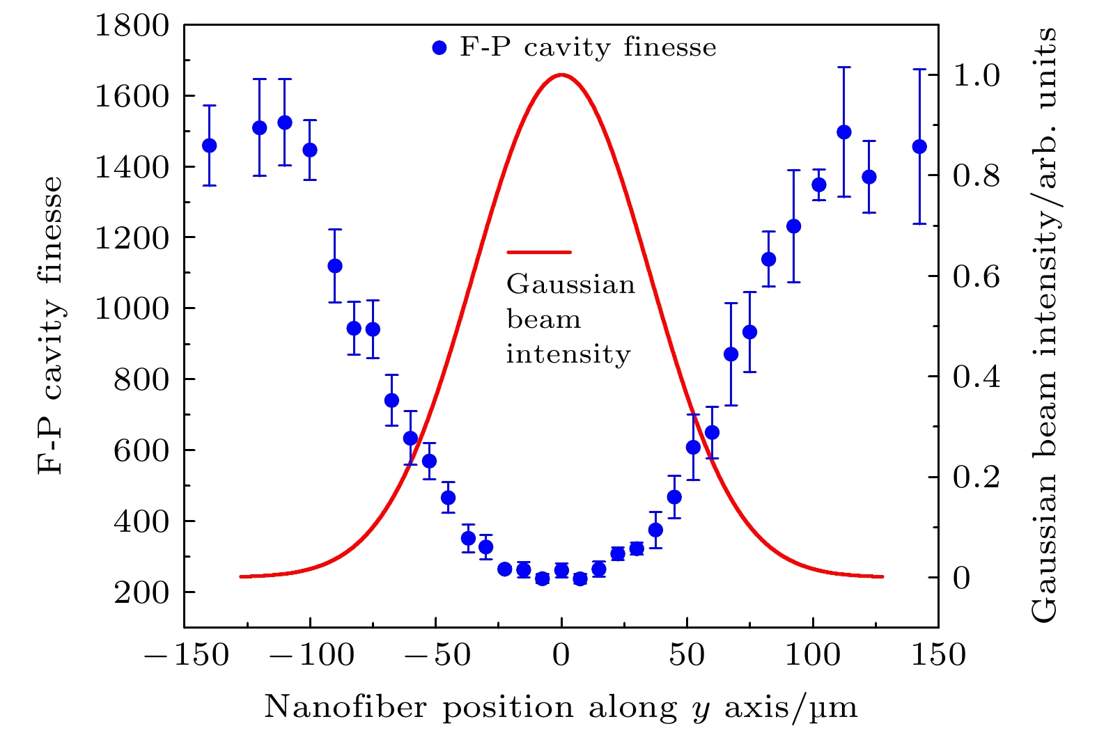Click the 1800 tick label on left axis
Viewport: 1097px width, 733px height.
pyautogui.click(x=132, y=26)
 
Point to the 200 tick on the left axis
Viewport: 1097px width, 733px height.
pyautogui.click(x=141, y=592)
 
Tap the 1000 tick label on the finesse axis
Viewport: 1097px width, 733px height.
pyautogui.click(x=132, y=309)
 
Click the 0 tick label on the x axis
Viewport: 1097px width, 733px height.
pyautogui.click(x=561, y=656)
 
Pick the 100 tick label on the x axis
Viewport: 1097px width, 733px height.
pyautogui.click(x=813, y=656)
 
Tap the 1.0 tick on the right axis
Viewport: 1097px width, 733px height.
pyautogui.click(x=976, y=76)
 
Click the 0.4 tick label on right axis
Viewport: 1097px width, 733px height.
pyautogui.click(x=976, y=377)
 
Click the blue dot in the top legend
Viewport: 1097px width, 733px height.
pyautogui.click(x=439, y=48)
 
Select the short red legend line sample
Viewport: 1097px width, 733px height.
pyautogui.click(x=539, y=252)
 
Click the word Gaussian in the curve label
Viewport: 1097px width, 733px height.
pyautogui.click(x=570, y=285)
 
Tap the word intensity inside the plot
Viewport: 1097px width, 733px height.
pyautogui.click(x=568, y=354)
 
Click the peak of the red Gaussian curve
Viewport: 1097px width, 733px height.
pyautogui.click(x=561, y=75)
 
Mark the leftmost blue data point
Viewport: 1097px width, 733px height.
pyautogui.click(x=209, y=145)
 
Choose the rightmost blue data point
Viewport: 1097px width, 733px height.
pyautogui.click(x=919, y=147)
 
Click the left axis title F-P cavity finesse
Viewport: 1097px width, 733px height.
pyautogui.click(x=50, y=325)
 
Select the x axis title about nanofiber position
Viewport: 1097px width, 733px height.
pyautogui.click(x=561, y=708)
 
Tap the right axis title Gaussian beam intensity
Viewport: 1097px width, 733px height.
pyautogui.click(x=1043, y=325)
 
